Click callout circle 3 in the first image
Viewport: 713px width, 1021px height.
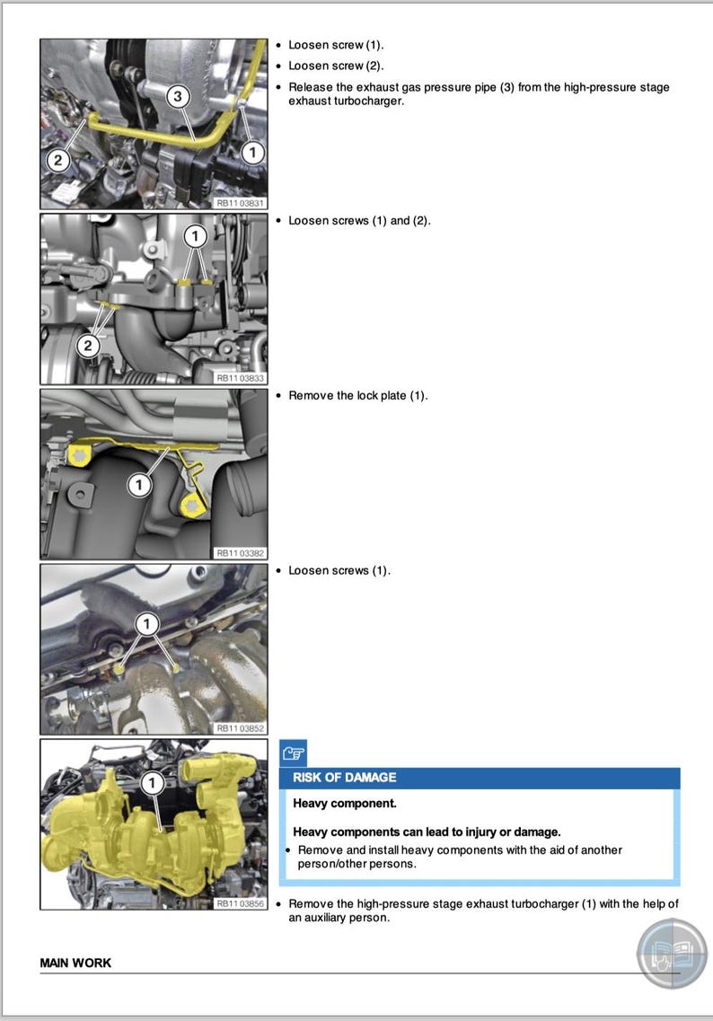179,95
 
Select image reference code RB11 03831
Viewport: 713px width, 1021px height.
241,204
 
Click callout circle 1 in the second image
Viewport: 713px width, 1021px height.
195,236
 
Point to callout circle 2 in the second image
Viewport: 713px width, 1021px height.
88,345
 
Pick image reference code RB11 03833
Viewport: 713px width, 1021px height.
241,378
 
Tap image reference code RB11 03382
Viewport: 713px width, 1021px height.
241,553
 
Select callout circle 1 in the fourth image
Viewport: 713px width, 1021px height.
146,622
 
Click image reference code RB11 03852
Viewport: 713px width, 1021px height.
241,728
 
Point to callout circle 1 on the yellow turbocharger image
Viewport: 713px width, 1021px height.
153,783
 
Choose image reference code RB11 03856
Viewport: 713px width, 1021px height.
241,903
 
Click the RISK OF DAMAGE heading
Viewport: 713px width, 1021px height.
344,778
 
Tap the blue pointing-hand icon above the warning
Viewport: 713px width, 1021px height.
293,753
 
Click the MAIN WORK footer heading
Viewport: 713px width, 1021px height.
75,963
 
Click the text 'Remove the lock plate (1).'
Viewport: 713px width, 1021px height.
357,396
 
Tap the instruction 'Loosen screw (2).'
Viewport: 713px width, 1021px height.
336,66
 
